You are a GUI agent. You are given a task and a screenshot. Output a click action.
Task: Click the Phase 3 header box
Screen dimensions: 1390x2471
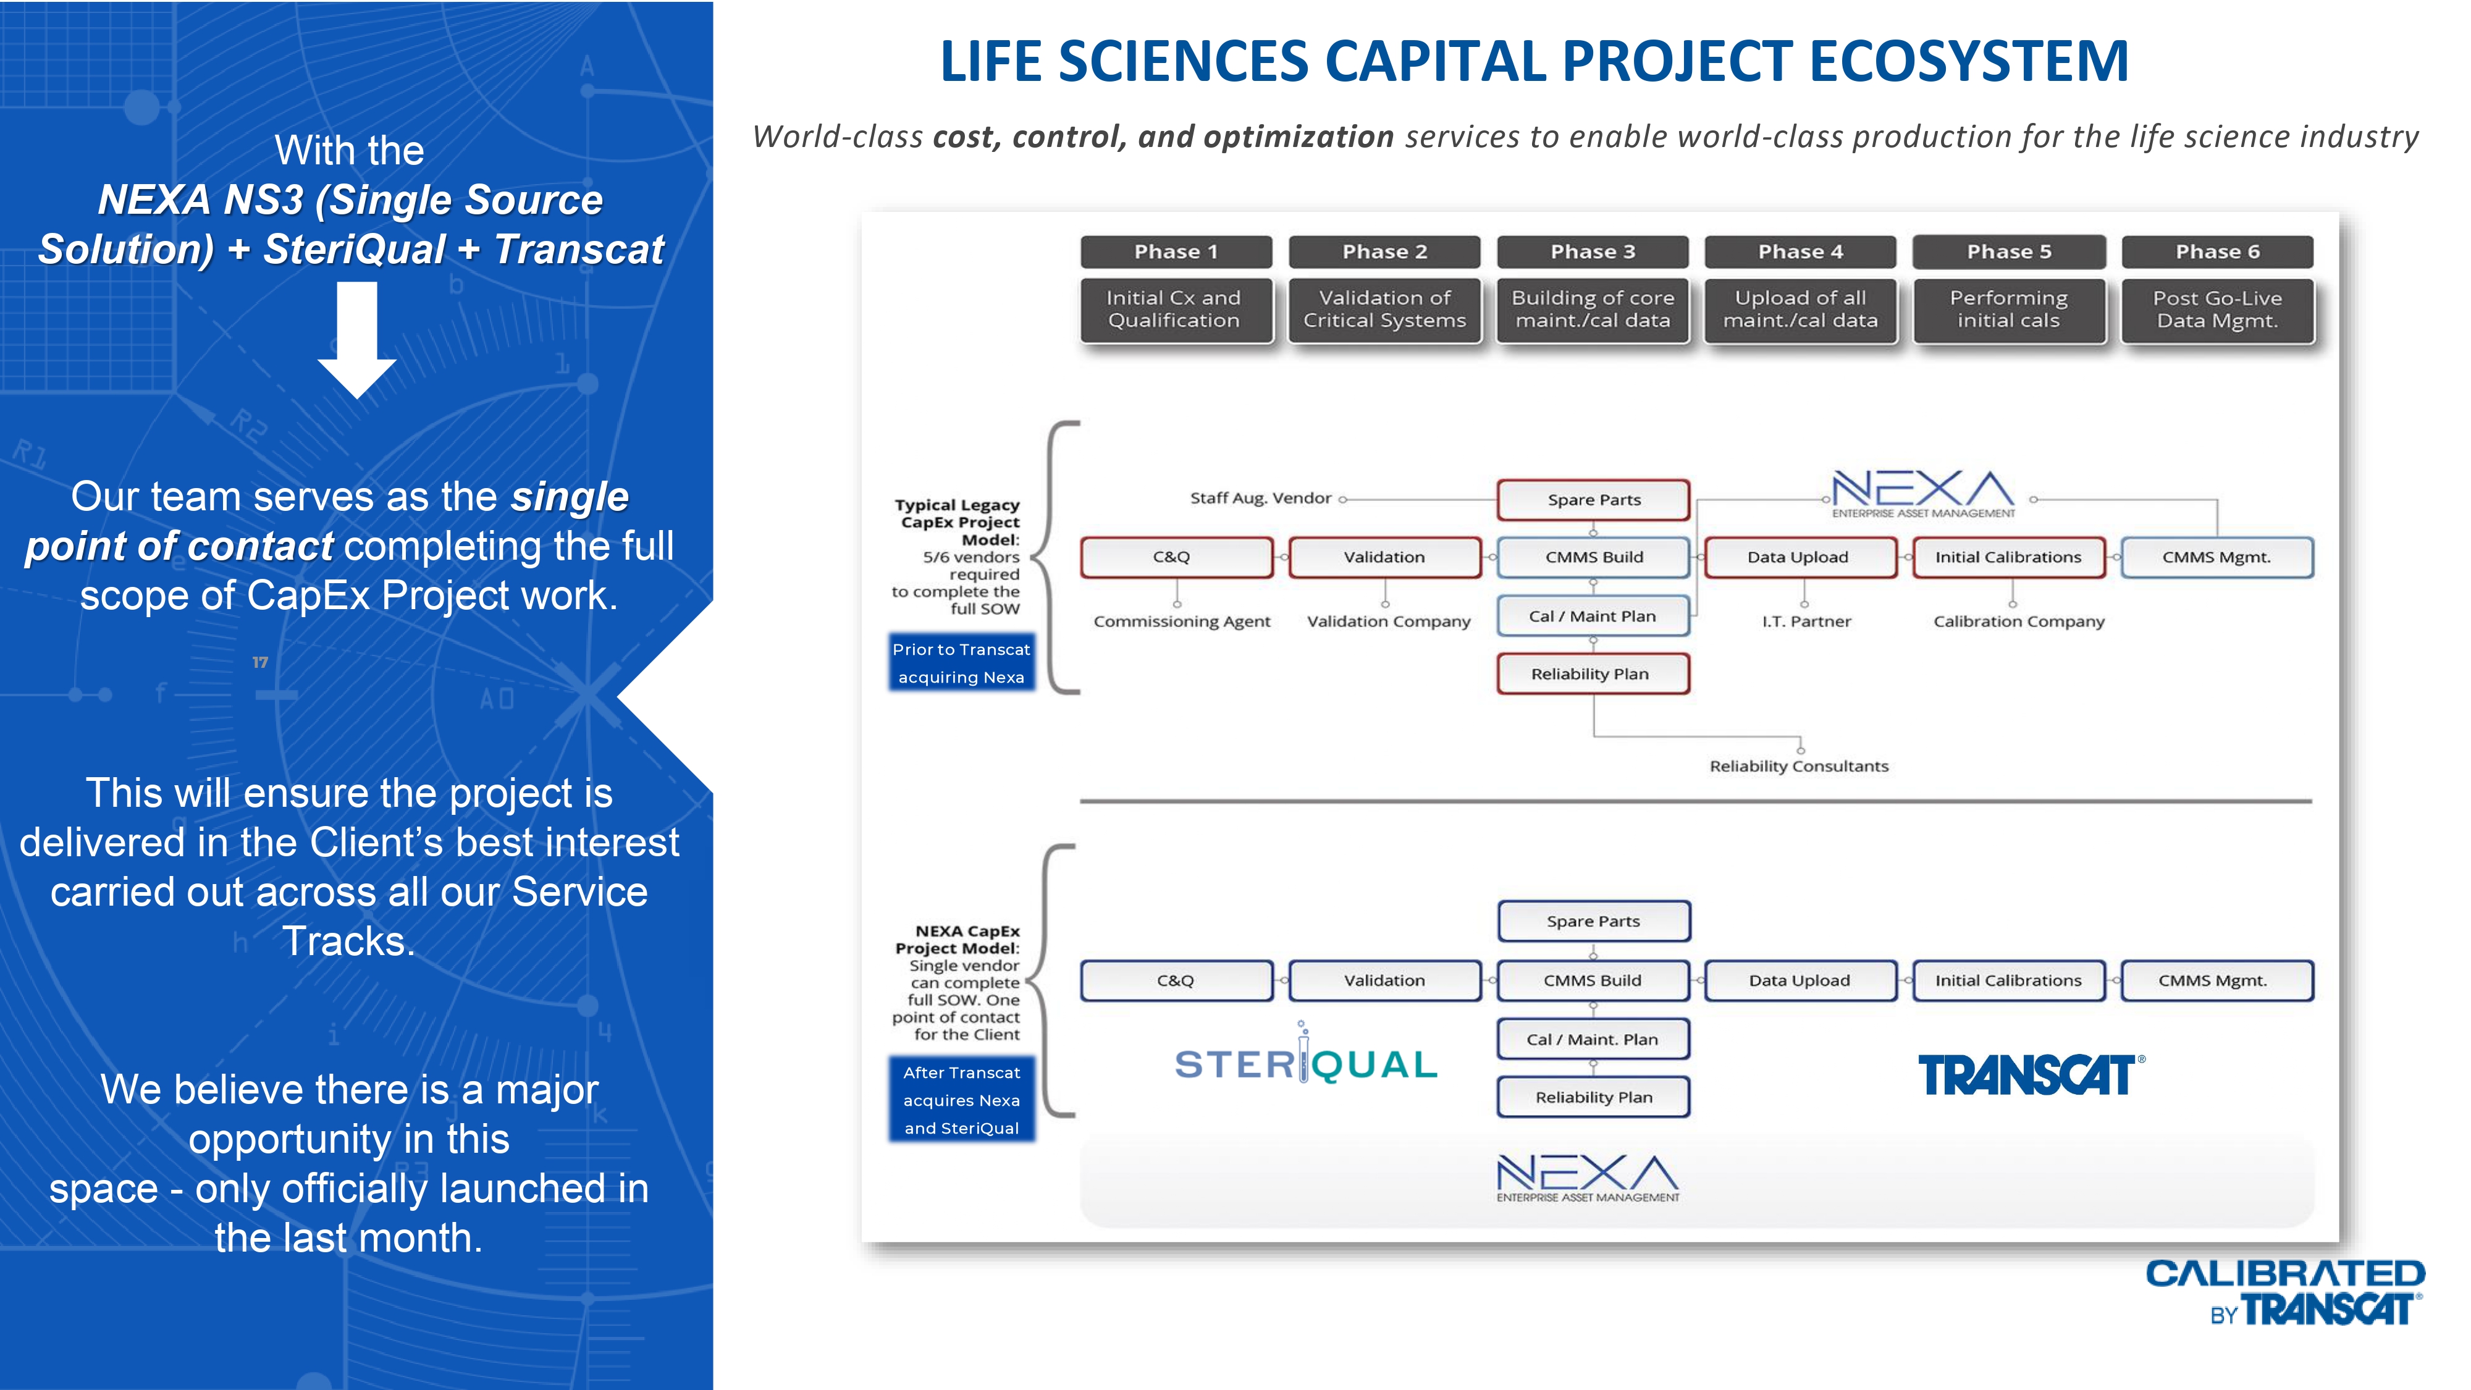[1593, 251]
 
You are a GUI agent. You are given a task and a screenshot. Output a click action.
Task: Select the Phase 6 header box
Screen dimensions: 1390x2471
[2217, 251]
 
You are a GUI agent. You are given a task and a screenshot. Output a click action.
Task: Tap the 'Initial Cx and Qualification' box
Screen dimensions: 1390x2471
[1175, 309]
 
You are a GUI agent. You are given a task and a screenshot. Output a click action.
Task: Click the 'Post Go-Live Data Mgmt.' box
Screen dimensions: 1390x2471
[2217, 309]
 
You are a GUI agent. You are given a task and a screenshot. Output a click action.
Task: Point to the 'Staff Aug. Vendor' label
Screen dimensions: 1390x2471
[1260, 498]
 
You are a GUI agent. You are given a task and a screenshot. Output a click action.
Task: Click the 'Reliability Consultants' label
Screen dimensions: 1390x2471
[1798, 765]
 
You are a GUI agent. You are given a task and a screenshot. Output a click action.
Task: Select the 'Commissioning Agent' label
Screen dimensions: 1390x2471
[1182, 621]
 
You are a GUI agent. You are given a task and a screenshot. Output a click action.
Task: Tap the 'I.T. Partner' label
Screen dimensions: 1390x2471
[1806, 621]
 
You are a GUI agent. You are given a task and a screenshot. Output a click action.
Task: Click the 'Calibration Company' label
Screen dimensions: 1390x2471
[2018, 621]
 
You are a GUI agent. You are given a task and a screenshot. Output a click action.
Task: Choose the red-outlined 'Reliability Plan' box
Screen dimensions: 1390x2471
[1593, 673]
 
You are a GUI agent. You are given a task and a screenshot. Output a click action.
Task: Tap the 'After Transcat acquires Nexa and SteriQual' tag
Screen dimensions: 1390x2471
[961, 1100]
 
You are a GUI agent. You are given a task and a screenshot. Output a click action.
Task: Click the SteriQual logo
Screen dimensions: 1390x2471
[1305, 1063]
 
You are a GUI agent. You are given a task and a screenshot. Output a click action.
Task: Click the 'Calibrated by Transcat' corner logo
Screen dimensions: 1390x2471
[2285, 1292]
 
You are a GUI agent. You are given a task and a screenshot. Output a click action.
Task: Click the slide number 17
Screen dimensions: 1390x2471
[260, 662]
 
